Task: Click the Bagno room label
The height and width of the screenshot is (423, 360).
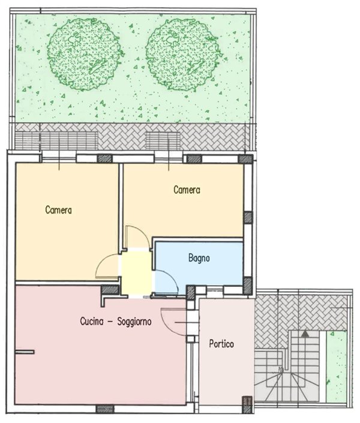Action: click(x=199, y=258)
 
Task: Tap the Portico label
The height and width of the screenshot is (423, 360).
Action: click(x=221, y=344)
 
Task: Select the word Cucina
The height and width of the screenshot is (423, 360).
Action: click(x=92, y=321)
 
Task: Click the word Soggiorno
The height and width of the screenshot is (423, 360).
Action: click(x=134, y=322)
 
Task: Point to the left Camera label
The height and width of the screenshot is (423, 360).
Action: click(x=59, y=210)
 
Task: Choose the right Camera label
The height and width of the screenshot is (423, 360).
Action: click(x=187, y=190)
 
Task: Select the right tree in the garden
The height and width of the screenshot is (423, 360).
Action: click(x=184, y=53)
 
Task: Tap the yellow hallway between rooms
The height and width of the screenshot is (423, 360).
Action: click(x=136, y=272)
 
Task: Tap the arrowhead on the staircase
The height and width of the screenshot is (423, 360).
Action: click(x=305, y=334)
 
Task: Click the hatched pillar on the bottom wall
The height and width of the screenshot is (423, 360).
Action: click(x=105, y=409)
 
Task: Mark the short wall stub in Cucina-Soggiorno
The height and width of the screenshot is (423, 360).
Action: click(x=25, y=352)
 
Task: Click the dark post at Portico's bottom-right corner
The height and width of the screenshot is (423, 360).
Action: click(x=247, y=404)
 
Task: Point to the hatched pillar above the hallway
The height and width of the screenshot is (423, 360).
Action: click(x=110, y=290)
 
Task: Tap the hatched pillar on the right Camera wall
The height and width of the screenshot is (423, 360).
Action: click(x=248, y=217)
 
